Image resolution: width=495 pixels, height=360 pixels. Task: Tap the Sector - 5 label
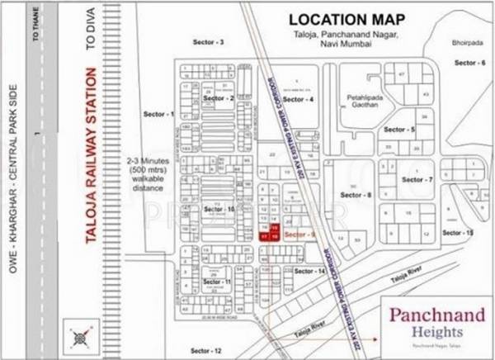coord(399,130)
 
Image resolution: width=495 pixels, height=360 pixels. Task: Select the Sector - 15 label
coord(457,234)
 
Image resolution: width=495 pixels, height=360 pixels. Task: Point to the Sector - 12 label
coord(205,351)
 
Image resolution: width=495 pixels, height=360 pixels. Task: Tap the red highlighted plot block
coord(270,232)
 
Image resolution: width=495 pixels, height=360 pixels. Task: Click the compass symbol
coord(80,337)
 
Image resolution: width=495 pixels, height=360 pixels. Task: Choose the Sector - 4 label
coord(298,100)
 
